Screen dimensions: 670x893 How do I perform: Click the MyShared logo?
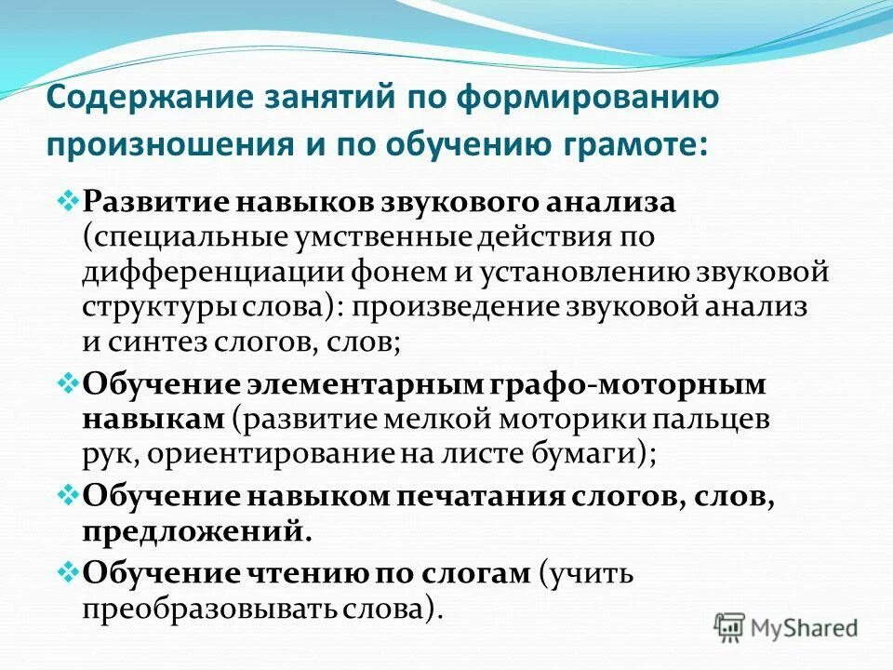(786, 626)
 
